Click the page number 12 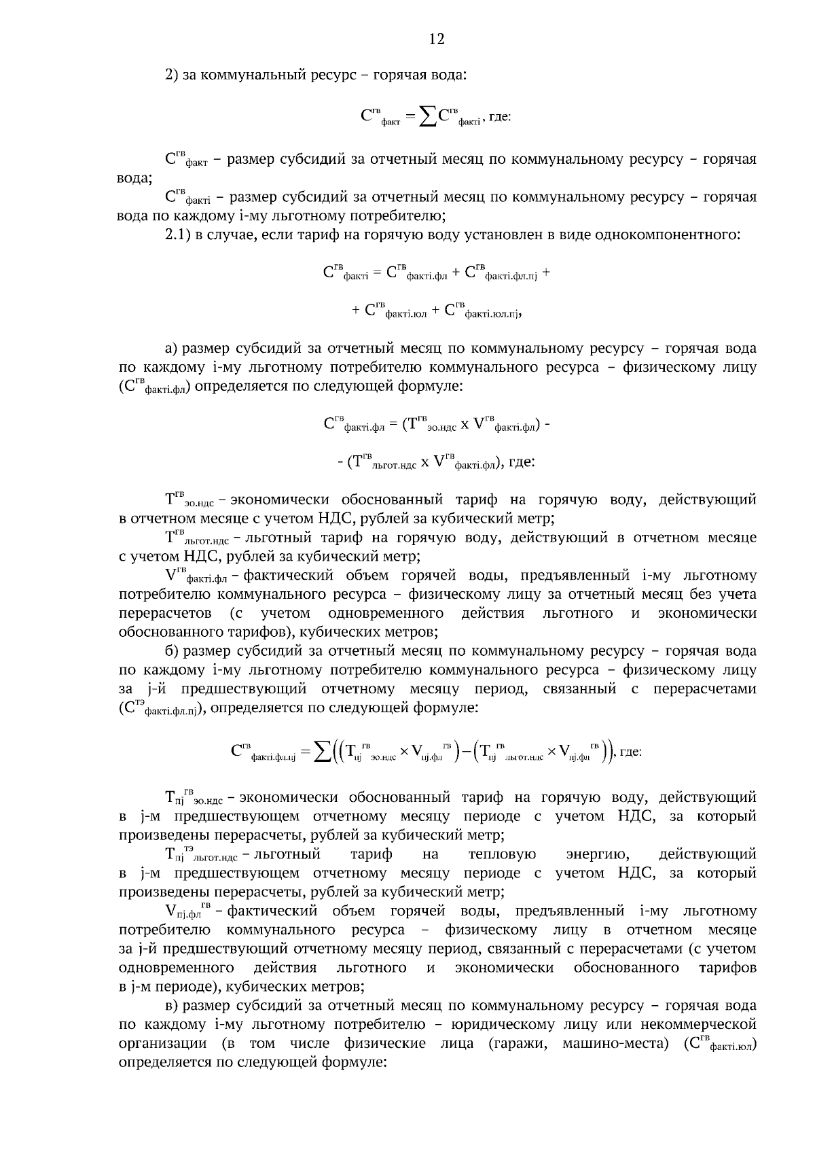pyautogui.click(x=437, y=39)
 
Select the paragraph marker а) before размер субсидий pyautogui.click(x=172, y=349)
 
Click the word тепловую pyautogui.click(x=502, y=854)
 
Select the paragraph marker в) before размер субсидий pyautogui.click(x=172, y=1005)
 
